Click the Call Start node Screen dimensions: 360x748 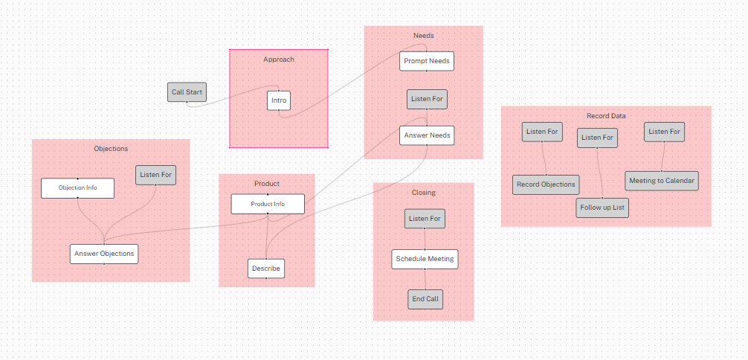point(187,92)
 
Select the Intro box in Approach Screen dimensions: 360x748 point(279,100)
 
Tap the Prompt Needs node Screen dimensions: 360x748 point(426,60)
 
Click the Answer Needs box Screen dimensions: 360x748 point(426,135)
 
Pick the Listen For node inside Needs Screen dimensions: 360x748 point(427,99)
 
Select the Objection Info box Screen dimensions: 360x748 point(78,188)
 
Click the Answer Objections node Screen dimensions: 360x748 point(104,254)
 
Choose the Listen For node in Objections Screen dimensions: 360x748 point(155,175)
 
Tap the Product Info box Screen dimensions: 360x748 point(268,204)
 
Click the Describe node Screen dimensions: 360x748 point(266,268)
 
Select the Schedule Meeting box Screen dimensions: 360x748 point(425,259)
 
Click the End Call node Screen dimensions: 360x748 point(425,299)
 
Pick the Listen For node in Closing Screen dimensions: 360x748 point(425,219)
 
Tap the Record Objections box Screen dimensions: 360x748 point(546,184)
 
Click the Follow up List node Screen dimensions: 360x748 point(602,208)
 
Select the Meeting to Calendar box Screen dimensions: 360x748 point(662,181)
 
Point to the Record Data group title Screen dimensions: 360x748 point(606,116)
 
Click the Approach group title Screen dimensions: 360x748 point(279,60)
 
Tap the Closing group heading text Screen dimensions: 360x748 point(423,193)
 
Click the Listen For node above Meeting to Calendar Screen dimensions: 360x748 point(664,132)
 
